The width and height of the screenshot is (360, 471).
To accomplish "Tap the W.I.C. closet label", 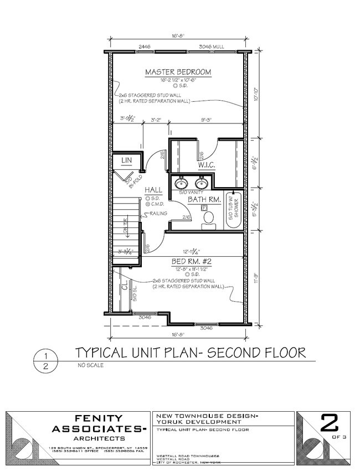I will click(207, 165).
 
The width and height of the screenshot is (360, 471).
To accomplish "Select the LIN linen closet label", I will click(125, 161).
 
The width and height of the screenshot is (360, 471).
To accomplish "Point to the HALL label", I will click(153, 190).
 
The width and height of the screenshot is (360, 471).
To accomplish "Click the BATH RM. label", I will click(204, 199).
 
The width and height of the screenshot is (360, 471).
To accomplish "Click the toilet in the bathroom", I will click(209, 218).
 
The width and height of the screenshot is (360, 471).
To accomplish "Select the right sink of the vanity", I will click(200, 183).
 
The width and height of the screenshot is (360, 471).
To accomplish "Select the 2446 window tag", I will click(129, 48).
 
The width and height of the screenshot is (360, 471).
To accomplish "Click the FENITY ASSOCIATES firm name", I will click(99, 424).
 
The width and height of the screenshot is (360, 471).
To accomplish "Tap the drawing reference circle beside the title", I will click(47, 360).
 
